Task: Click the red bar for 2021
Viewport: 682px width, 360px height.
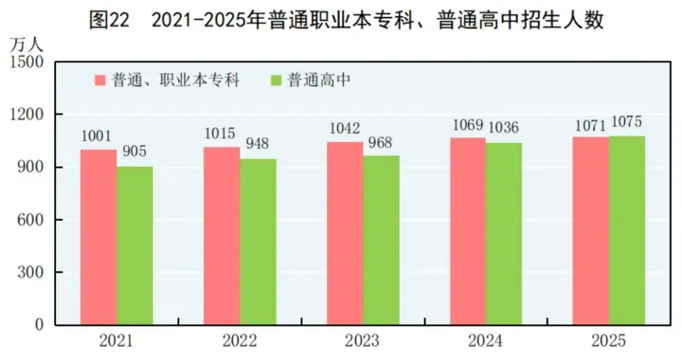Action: (99, 237)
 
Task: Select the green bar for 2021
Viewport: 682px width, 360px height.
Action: (135, 245)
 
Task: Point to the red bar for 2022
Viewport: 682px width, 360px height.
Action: (222, 236)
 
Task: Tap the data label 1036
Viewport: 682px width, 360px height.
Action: (503, 129)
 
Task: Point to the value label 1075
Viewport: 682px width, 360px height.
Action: (626, 122)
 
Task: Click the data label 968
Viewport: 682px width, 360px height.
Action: (379, 143)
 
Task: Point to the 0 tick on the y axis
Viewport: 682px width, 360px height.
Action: (41, 325)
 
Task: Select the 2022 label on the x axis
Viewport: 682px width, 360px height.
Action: (239, 342)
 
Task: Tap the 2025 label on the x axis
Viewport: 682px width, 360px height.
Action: (608, 342)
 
